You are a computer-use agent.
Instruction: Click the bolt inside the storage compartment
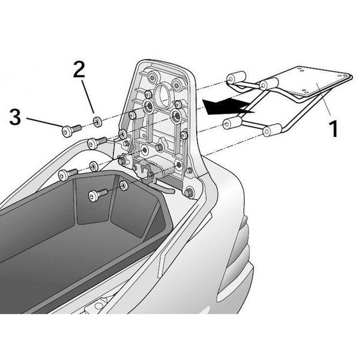pos(97,194)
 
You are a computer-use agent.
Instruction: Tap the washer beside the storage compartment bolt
pos(123,185)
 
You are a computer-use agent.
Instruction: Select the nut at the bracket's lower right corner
pos(190,193)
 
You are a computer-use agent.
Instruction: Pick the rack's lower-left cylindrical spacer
pos(232,124)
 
